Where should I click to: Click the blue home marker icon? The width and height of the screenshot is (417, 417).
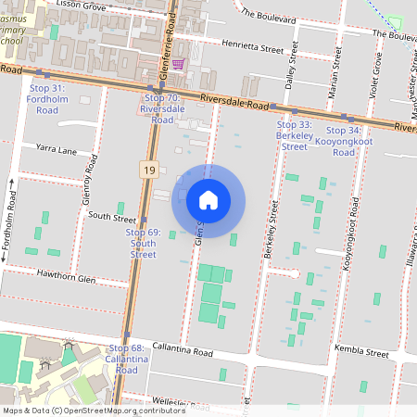pyautogui.click(x=208, y=199)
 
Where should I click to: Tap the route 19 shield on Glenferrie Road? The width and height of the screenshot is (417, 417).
pyautogui.click(x=147, y=169)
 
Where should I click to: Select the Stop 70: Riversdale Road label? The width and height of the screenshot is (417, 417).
pyautogui.click(x=157, y=108)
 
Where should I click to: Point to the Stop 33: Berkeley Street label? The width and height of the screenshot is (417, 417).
pyautogui.click(x=294, y=135)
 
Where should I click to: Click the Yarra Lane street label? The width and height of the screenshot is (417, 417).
pyautogui.click(x=57, y=146)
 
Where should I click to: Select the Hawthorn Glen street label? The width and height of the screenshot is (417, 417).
pyautogui.click(x=66, y=275)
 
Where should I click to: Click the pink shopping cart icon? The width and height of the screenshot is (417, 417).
pyautogui.click(x=177, y=64)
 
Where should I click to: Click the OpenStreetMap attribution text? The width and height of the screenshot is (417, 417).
pyautogui.click(x=94, y=411)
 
